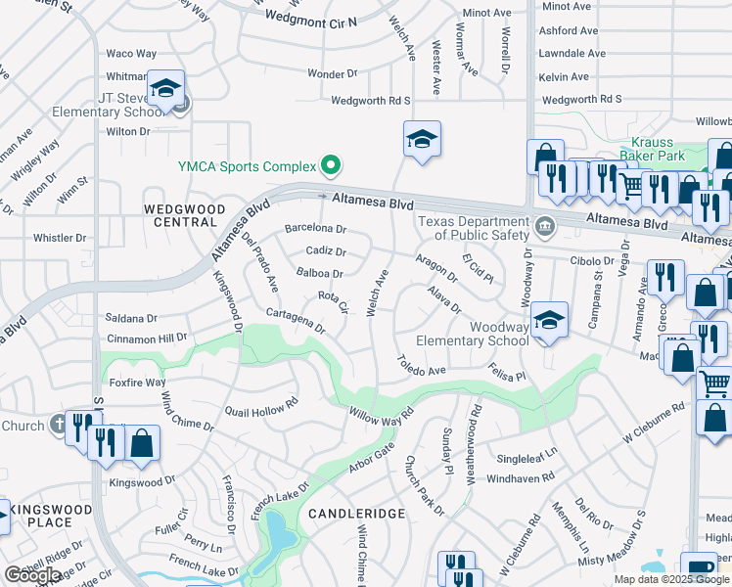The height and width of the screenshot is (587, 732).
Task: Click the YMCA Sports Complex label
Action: point(247,165)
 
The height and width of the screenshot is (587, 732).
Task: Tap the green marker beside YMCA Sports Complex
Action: point(331,165)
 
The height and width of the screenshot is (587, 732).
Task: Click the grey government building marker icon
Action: point(546,228)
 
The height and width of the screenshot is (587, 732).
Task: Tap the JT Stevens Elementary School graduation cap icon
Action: point(166,90)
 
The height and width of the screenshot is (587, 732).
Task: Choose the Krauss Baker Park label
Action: point(657,149)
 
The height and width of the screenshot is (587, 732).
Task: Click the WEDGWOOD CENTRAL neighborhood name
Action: point(179,215)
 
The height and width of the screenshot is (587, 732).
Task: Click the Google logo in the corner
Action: point(32,575)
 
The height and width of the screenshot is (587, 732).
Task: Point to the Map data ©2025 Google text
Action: point(671,579)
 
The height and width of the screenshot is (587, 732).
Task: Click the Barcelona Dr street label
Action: point(315,228)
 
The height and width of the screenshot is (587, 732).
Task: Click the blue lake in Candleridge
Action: point(278,533)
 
